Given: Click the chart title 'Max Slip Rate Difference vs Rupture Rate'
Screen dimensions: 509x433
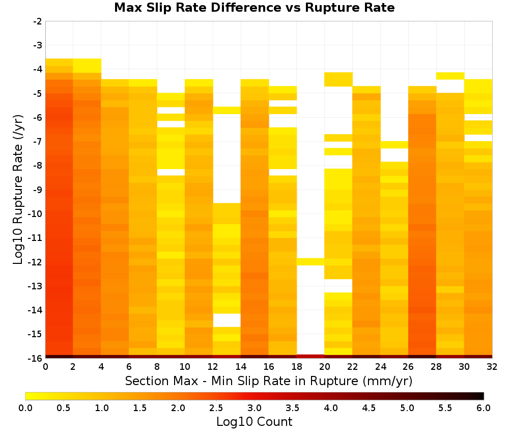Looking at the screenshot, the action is tap(254, 8).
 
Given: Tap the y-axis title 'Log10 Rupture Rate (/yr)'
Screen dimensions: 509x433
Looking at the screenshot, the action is tap(18, 190).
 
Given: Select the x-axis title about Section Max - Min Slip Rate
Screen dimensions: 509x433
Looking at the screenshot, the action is tap(269, 381).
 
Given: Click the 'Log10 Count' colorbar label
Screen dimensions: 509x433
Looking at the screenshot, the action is tap(254, 422).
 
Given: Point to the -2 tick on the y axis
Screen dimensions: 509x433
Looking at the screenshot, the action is tap(38, 21).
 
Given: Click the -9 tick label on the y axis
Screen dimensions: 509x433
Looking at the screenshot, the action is tap(38, 190).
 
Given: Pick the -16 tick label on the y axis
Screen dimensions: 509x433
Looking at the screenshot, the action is tap(36, 358).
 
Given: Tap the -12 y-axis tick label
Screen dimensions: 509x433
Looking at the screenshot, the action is tap(36, 262).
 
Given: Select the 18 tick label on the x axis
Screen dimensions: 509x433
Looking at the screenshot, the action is tap(297, 367).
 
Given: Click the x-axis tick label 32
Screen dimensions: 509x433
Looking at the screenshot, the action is tap(492, 367).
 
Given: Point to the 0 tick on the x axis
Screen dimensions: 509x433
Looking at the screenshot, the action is tap(45, 367).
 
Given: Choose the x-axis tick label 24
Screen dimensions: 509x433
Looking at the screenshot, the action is tap(380, 367).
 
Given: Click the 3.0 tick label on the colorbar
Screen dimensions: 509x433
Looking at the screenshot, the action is tap(254, 408).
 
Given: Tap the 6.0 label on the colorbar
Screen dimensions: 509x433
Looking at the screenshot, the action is tap(484, 408).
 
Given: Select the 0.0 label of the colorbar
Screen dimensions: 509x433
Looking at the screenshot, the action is tap(25, 408).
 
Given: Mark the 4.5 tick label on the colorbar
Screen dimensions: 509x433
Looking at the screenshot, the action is tap(369, 408).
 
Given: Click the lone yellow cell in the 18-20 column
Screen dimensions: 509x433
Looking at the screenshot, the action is tap(310, 262).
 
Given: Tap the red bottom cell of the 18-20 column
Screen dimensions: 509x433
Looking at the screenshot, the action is tap(310, 357).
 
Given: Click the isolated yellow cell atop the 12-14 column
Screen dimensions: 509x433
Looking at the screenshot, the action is tap(227, 111).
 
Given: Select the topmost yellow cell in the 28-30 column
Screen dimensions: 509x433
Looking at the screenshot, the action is tap(450, 76).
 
